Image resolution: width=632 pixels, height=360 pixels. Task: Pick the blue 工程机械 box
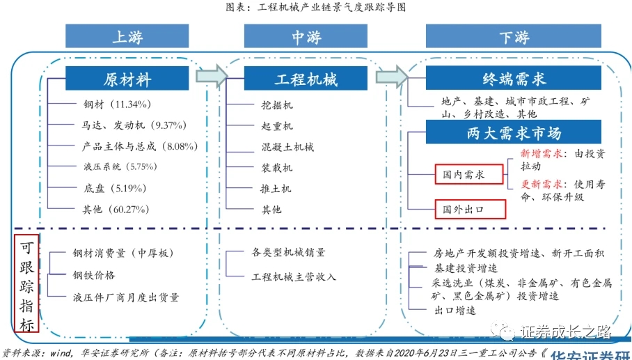(306, 79)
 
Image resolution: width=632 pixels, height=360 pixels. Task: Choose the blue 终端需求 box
(514, 79)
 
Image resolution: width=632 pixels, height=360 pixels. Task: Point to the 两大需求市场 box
(514, 132)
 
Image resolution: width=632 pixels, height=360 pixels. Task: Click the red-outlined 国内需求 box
(468, 174)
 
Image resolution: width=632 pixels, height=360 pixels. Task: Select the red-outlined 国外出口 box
(468, 208)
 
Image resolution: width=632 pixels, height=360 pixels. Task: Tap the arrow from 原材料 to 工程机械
(212, 75)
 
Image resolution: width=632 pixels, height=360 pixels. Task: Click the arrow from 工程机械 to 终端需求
(391, 75)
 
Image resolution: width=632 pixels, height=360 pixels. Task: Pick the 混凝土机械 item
(287, 147)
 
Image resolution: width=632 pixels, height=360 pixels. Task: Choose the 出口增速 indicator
(455, 310)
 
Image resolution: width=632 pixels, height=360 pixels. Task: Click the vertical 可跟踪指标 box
(26, 285)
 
